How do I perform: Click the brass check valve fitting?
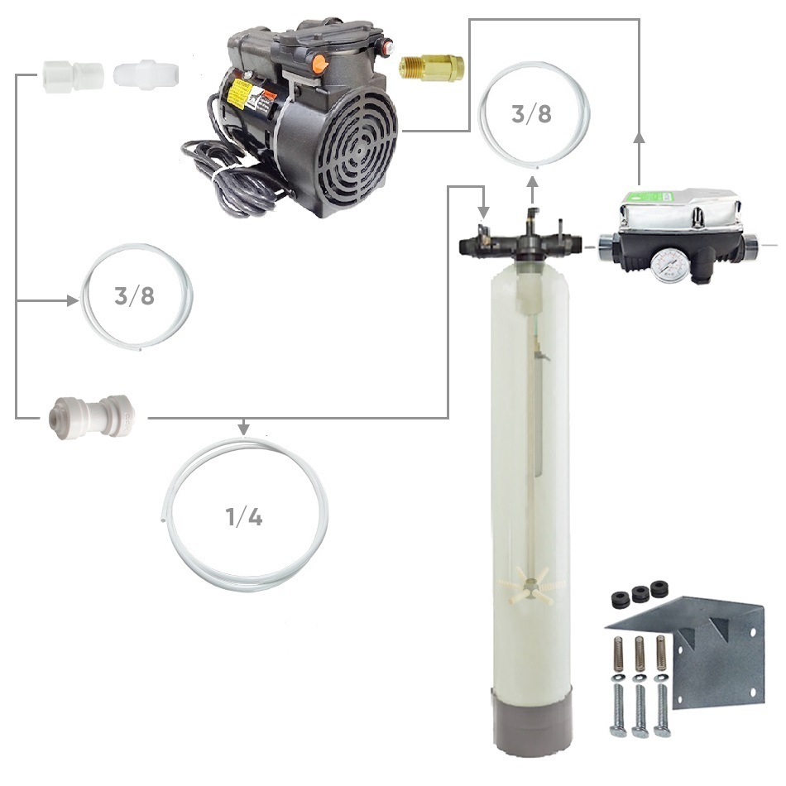coord(432,69)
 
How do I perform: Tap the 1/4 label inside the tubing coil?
coord(244,517)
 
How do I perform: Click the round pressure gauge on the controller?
coord(669,265)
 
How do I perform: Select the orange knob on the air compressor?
coord(319,65)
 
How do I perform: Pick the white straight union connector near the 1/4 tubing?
coord(91,417)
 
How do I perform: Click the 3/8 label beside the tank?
coord(531,114)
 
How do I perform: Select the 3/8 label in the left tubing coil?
coord(134,296)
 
